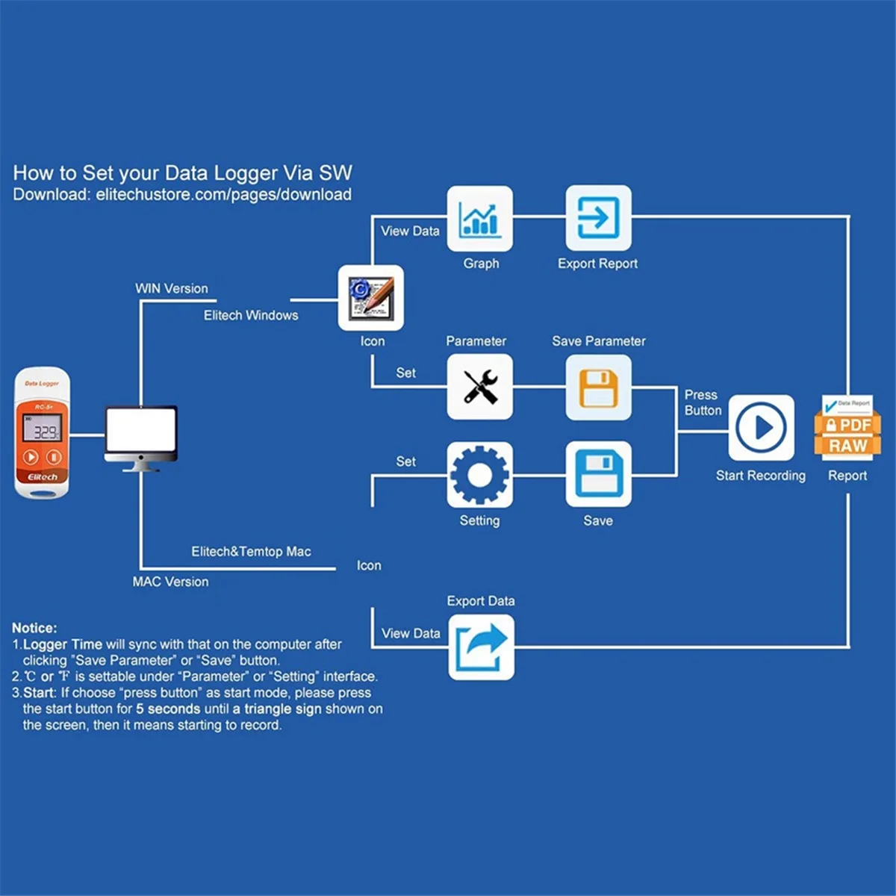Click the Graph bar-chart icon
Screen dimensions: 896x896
[x=479, y=219]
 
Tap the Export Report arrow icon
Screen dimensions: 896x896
[x=598, y=219]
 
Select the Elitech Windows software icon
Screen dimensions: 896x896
[x=371, y=297]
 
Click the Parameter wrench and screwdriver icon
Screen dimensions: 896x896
[x=479, y=387]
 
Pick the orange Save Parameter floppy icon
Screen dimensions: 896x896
[x=598, y=387]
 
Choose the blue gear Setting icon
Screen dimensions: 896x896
[x=479, y=475]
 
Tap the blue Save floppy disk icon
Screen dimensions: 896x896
[x=598, y=475]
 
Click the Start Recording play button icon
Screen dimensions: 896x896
[x=761, y=428]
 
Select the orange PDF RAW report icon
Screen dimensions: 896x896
[x=847, y=428]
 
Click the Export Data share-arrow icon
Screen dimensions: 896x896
[x=481, y=647]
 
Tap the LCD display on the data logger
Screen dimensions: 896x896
[x=43, y=431]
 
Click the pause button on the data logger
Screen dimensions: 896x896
[x=55, y=457]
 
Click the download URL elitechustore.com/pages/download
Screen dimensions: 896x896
[x=223, y=195]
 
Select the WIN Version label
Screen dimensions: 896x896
[x=171, y=288]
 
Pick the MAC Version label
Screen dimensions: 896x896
[x=170, y=582]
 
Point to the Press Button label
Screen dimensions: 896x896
[x=703, y=402]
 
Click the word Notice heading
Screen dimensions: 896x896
[x=34, y=628]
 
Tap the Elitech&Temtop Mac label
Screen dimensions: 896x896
[x=251, y=552]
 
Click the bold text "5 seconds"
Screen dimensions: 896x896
[x=168, y=709]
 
